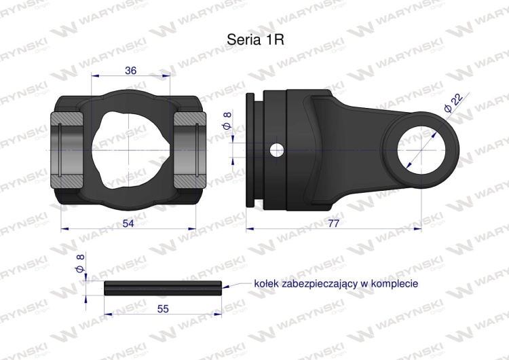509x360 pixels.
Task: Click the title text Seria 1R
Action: tap(255, 39)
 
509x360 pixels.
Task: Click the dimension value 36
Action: tap(130, 70)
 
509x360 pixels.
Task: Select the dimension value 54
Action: tap(128, 223)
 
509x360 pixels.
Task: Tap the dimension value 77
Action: tap(333, 223)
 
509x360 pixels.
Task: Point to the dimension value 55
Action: tap(163, 308)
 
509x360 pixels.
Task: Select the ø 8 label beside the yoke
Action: tap(227, 120)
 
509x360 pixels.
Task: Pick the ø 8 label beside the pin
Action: tap(80, 264)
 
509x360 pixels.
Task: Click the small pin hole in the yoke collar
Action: tap(277, 150)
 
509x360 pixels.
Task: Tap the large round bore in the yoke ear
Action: tap(421, 150)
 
